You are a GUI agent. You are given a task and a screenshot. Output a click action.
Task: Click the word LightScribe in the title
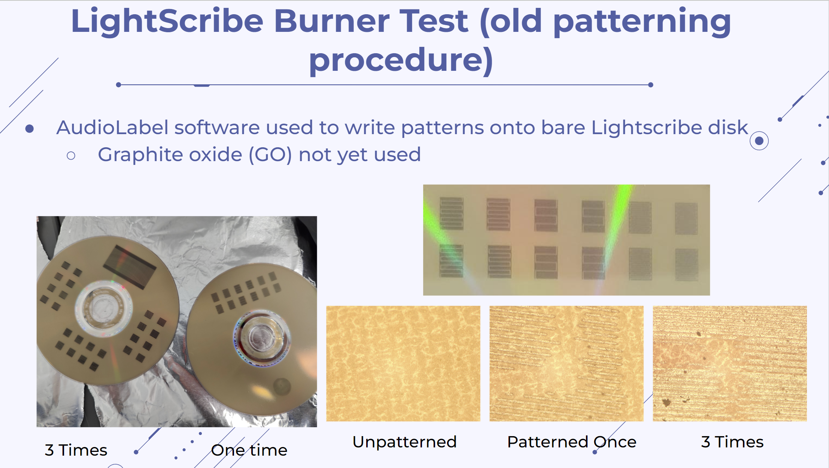coord(167,21)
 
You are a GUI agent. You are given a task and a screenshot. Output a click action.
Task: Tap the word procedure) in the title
coord(401,61)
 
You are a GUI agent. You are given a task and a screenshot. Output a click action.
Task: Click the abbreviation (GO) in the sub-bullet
coord(270,155)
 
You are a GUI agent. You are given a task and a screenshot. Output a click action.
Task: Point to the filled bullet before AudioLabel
coord(30,129)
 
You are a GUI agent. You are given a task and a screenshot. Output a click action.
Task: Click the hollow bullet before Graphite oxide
coord(71,156)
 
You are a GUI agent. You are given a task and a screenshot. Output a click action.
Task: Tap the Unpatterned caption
coord(404,442)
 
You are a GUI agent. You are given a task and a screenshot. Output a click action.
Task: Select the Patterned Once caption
coord(572,442)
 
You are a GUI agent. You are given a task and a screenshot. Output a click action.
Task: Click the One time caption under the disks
coord(249,450)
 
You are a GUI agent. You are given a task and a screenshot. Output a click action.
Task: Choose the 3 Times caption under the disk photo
coord(76,450)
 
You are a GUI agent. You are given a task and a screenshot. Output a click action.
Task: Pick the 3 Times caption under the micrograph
coord(732,442)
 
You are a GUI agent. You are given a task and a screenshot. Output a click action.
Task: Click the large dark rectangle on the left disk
coord(130,267)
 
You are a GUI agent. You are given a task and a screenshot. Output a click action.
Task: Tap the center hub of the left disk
coord(104,308)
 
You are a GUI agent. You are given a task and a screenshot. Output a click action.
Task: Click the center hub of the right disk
coord(261,337)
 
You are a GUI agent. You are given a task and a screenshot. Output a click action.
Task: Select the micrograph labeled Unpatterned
coord(403,363)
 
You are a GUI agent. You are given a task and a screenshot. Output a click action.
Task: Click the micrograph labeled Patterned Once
coord(567,363)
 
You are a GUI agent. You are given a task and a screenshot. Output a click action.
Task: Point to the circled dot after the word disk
coord(759,141)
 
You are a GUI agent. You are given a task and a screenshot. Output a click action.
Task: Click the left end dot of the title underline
coord(119,85)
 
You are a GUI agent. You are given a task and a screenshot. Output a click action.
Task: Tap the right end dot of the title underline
coord(651,85)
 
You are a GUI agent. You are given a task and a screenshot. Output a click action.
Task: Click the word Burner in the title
coord(332,21)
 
